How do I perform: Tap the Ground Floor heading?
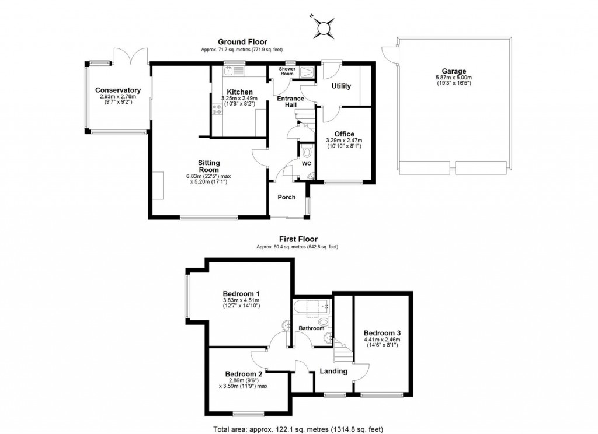[242, 42]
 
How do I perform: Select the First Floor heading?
[297, 239]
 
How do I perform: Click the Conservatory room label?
[118, 90]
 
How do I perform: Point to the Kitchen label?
[239, 92]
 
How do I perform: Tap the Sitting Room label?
[208, 166]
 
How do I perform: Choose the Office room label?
[344, 134]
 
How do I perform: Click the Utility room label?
[341, 86]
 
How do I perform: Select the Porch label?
[286, 197]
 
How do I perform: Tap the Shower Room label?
[286, 71]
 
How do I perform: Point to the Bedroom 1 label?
[241, 293]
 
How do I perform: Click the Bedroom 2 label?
[244, 374]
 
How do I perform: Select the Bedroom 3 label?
[382, 333]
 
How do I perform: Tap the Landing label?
[333, 371]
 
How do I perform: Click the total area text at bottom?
[298, 429]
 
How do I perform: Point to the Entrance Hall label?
[290, 101]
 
